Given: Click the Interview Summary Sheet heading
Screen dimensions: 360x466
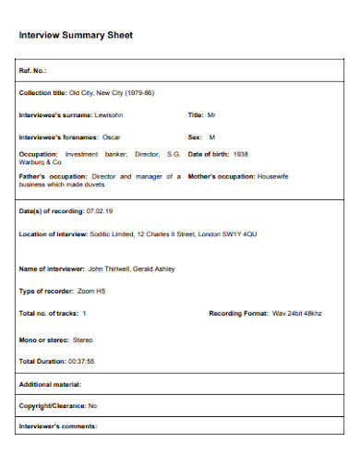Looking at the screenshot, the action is tap(77, 35).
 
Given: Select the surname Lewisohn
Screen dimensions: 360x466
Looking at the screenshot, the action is tap(109, 115).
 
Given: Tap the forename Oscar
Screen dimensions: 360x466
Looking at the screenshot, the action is tap(112, 136).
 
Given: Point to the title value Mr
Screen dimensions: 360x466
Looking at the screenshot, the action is tap(210, 115).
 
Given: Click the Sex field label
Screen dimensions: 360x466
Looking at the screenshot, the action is tap(195, 136).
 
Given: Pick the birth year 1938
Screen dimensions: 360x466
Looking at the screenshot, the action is tap(240, 155).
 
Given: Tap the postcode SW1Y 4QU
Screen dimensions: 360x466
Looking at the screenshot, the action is tap(240, 234).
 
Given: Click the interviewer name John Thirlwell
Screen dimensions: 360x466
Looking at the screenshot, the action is tap(112, 269).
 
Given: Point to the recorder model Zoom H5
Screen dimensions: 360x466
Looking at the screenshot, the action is tap(93, 291).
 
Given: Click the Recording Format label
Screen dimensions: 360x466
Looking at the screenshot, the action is tap(239, 314).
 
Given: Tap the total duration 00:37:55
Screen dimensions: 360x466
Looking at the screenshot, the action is tap(78, 361).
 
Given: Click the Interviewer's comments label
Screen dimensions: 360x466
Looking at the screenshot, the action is tap(57, 426).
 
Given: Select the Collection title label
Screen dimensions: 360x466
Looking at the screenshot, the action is tap(42, 93).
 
